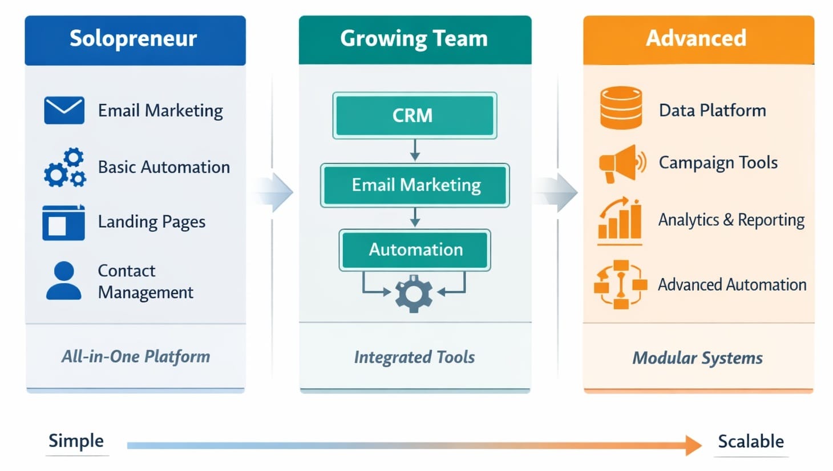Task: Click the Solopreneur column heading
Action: [133, 39]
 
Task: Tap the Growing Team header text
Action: [414, 39]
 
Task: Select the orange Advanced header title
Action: [695, 38]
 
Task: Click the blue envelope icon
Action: [64, 110]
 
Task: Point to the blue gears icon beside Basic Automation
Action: [65, 168]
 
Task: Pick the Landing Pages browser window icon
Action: [63, 223]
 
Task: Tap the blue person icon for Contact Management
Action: [63, 281]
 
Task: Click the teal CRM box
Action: [414, 115]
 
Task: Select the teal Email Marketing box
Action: [415, 185]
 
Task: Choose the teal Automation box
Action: [415, 249]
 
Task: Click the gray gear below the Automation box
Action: [414, 293]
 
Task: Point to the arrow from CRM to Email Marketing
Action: [415, 151]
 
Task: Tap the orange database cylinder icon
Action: [621, 108]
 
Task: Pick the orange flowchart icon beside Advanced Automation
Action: [620, 284]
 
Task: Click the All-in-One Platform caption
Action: [136, 357]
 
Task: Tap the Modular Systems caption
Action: [697, 358]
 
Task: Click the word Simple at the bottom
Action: [76, 441]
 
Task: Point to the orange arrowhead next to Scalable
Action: [693, 445]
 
